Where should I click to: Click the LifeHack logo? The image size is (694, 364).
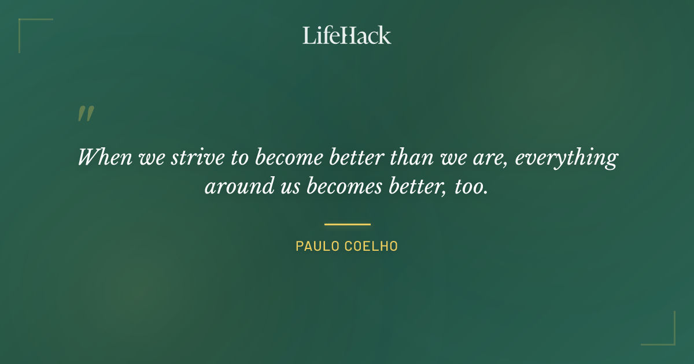pos(347,35)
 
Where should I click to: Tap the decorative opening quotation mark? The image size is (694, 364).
pos(86,114)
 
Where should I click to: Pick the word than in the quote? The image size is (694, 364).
pos(413,157)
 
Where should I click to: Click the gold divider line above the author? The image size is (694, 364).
pos(347,224)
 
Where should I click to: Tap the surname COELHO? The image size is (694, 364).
pos(371,246)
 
